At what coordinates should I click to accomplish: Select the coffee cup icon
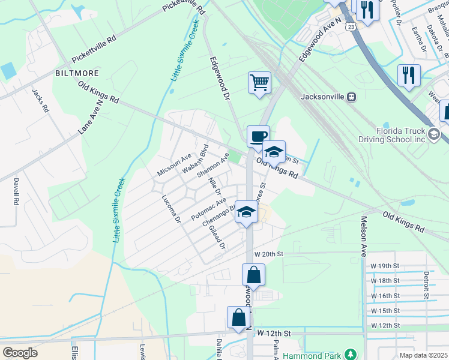(x=258, y=136)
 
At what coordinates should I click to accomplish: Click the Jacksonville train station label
(x=322, y=96)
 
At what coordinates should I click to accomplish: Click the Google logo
(x=20, y=353)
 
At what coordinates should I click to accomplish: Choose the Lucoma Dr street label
(x=170, y=209)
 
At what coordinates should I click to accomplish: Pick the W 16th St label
(x=385, y=296)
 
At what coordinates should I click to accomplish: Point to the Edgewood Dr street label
(x=220, y=78)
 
